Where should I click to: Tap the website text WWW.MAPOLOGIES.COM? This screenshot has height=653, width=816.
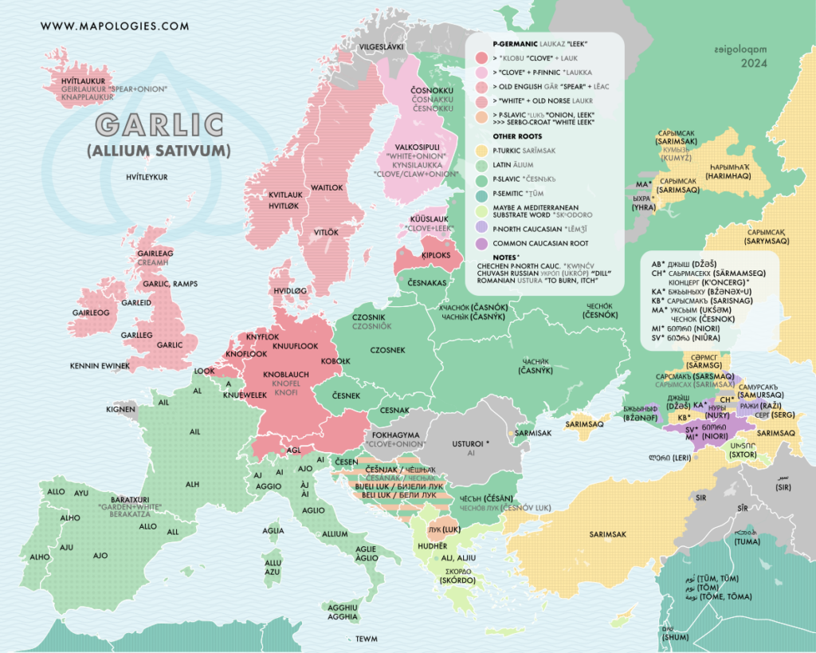click(115, 26)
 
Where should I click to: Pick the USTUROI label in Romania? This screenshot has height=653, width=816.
click(470, 443)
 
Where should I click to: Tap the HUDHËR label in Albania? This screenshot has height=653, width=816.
click(433, 546)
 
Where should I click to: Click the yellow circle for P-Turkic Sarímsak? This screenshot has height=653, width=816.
click(481, 150)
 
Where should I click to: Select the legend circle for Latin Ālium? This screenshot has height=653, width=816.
click(481, 165)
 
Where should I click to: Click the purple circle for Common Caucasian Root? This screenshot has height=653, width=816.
click(481, 242)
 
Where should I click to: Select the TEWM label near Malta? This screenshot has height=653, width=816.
click(367, 639)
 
